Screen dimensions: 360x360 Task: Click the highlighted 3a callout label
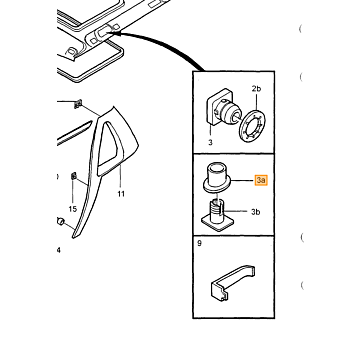point(261,180)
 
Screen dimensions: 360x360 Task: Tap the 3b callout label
point(255,212)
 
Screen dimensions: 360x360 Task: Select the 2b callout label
point(256,89)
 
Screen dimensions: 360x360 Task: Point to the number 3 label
point(210,143)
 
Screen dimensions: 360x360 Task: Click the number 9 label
point(199,243)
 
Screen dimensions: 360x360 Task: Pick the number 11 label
point(121,194)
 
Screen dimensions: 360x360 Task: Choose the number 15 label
point(73,209)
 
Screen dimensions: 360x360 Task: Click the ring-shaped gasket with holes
point(253,127)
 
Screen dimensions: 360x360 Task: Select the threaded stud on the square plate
point(217,213)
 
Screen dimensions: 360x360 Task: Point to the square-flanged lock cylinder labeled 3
point(223,109)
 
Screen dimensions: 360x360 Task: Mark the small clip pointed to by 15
point(74,176)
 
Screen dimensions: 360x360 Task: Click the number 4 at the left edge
point(59,250)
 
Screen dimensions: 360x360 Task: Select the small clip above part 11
point(78,104)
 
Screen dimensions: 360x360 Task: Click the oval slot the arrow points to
point(102,32)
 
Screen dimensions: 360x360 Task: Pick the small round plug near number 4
point(60,221)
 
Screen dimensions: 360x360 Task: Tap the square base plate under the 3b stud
point(217,222)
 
